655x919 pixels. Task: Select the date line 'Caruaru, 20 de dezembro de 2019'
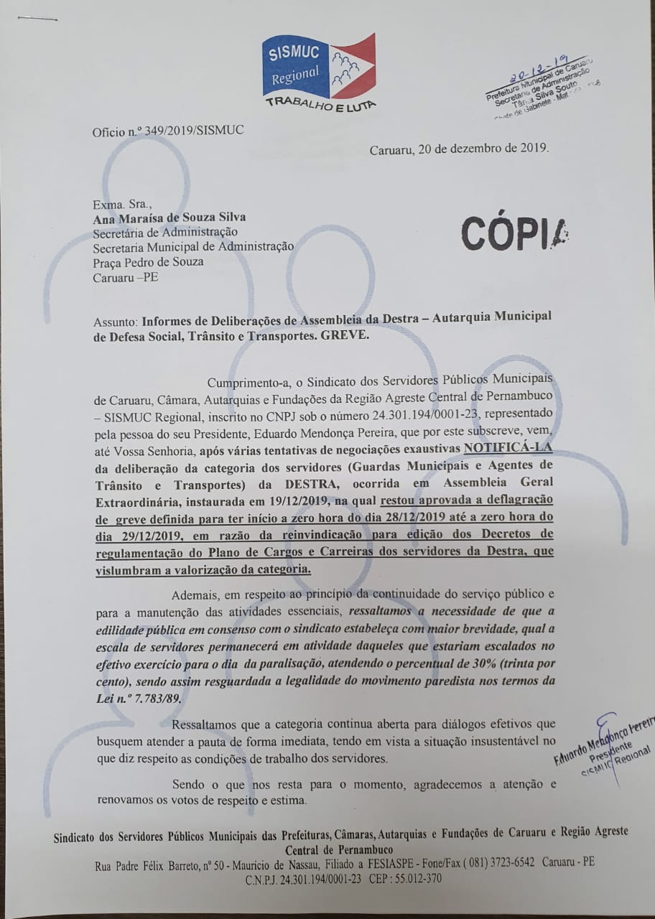[x=459, y=149]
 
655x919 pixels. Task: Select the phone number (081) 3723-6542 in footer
[x=489, y=862]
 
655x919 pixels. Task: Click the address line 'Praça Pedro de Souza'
[x=148, y=261]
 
